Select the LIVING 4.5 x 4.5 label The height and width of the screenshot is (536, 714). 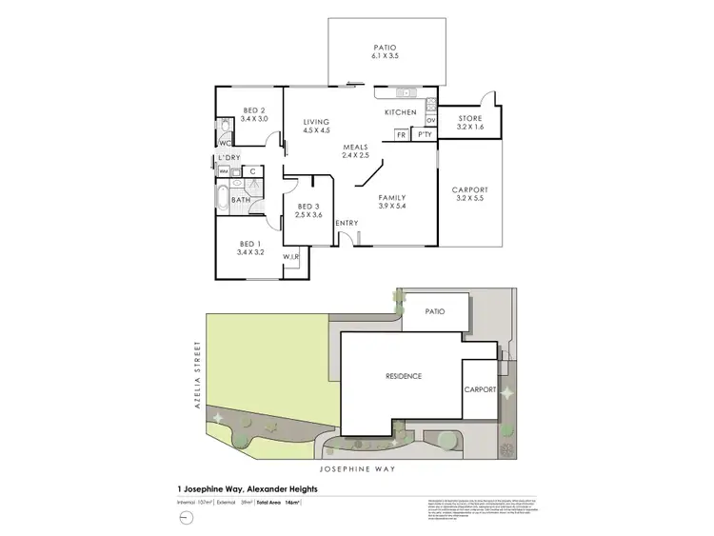[x=316, y=127]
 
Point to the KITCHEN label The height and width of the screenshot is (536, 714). [x=401, y=113]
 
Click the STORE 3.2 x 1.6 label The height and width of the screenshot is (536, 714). [x=470, y=123]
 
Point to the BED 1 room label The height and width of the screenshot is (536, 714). [x=248, y=249]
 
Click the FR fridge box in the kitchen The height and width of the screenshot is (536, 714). [x=402, y=135]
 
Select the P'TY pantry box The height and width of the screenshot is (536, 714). [x=425, y=135]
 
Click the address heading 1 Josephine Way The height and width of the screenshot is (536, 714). [x=248, y=489]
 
